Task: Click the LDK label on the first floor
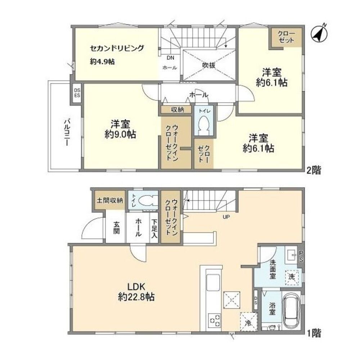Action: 136,287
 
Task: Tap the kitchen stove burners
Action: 215,319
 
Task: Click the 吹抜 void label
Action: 208,66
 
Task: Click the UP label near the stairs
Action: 226,217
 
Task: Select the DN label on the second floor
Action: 170,58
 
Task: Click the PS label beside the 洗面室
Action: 301,256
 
